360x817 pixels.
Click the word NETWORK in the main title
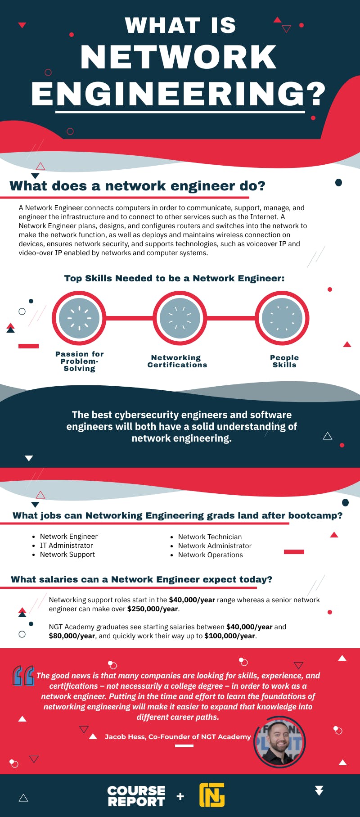(178, 57)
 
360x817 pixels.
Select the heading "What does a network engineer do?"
(137, 186)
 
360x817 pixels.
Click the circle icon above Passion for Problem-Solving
(79, 318)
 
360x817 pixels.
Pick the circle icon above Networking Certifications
(180, 318)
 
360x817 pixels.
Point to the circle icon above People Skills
(282, 318)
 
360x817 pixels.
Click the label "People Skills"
(284, 361)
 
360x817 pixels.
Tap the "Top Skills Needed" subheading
(174, 278)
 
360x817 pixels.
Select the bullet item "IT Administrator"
(66, 546)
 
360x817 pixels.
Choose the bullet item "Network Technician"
(210, 537)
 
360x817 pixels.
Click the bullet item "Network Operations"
(210, 555)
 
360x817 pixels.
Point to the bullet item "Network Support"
(67, 555)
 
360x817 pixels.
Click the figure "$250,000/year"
(153, 609)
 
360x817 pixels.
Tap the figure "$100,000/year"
(229, 636)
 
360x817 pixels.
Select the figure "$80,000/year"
(72, 636)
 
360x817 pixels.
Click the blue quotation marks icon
(23, 676)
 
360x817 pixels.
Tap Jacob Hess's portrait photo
(279, 741)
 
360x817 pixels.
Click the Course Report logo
(136, 796)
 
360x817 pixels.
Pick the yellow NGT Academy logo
(212, 795)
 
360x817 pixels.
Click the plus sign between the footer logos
(180, 796)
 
